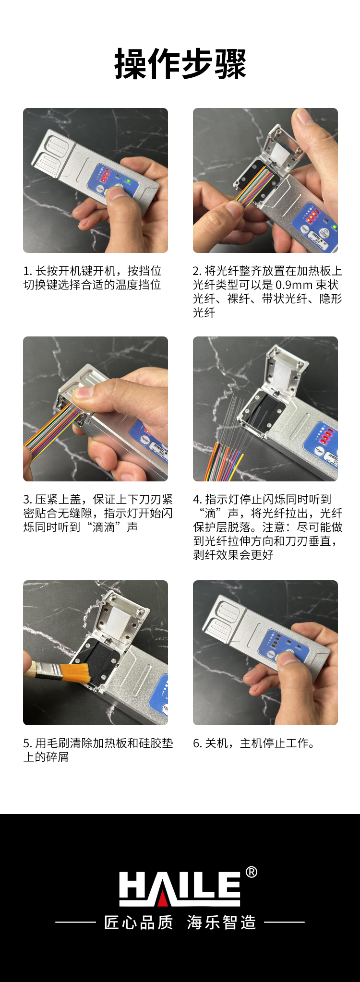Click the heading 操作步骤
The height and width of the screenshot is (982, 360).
point(180,64)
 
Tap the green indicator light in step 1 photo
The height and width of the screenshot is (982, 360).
point(128,181)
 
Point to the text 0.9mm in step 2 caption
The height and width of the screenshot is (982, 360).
point(294,285)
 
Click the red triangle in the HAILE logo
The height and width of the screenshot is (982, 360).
point(163,897)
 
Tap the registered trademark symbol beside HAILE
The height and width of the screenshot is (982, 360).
point(251,872)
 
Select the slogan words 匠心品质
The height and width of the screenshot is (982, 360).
point(139,922)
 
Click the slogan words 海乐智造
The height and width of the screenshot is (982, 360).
point(221,922)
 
